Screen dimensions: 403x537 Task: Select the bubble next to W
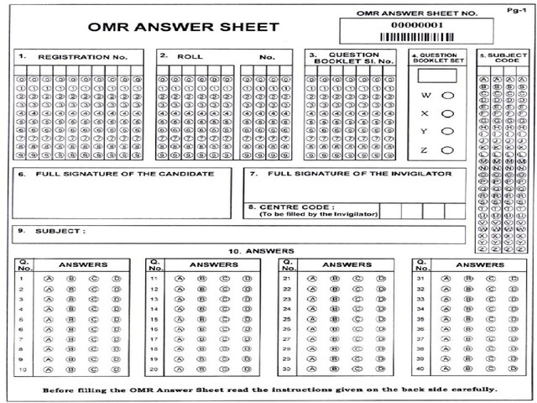[448, 96]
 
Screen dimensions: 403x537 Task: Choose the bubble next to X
[448, 113]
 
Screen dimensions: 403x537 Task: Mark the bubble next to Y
[448, 131]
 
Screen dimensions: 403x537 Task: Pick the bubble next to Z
[448, 149]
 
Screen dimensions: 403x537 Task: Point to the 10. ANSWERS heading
[261, 251]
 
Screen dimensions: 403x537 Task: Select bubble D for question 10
[116, 369]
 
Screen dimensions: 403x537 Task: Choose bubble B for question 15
[202, 319]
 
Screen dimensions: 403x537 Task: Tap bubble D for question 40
[511, 369]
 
